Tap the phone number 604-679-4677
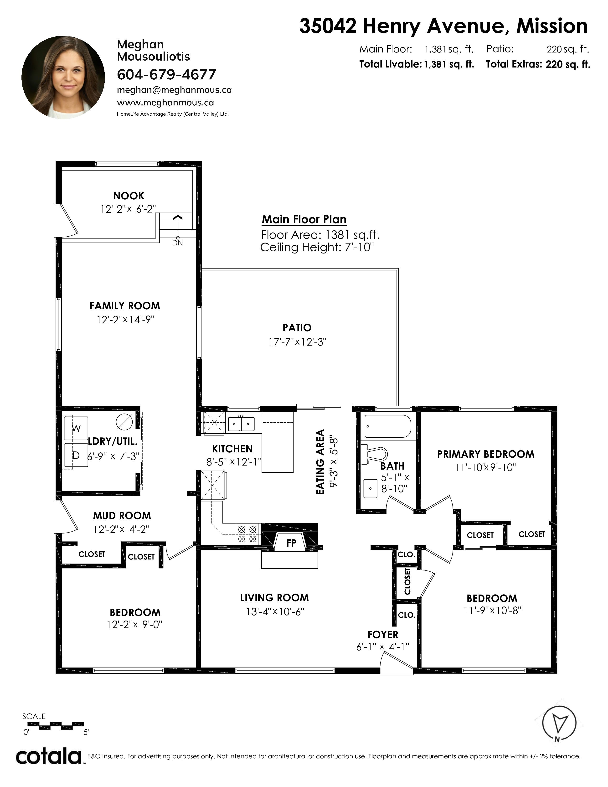166,75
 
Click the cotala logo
49,756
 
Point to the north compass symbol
559,724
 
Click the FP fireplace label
291,543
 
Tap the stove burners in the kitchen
247,534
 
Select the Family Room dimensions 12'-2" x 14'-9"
125,320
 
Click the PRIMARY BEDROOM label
485,454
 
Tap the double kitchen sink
241,424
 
